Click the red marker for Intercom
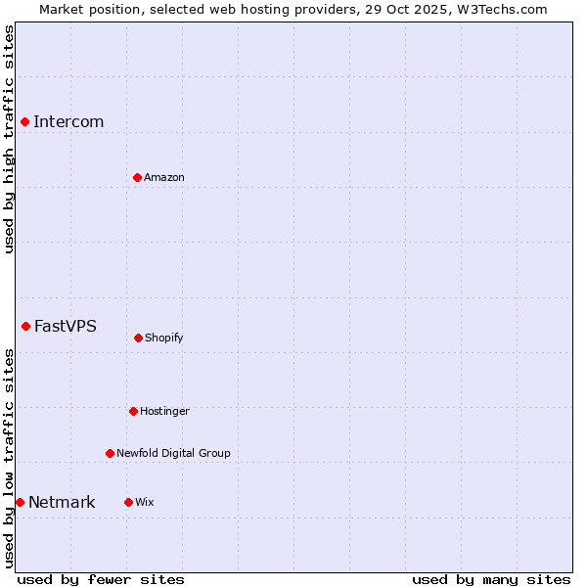tap(24, 121)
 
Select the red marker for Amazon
tap(137, 177)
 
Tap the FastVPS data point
tap(25, 326)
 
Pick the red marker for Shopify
tap(138, 338)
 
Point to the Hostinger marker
tap(133, 411)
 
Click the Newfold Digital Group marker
tap(110, 453)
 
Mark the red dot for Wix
tap(128, 502)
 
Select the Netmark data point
tap(20, 502)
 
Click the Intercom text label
tap(68, 122)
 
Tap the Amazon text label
tap(164, 178)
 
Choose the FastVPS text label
tap(66, 327)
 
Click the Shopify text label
tap(164, 339)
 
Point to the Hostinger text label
tap(164, 412)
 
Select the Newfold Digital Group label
tap(173, 454)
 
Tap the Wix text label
tap(145, 503)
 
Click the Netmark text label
tap(62, 503)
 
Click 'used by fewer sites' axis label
tap(101, 579)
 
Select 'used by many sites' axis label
tap(491, 579)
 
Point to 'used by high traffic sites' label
tap(9, 139)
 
